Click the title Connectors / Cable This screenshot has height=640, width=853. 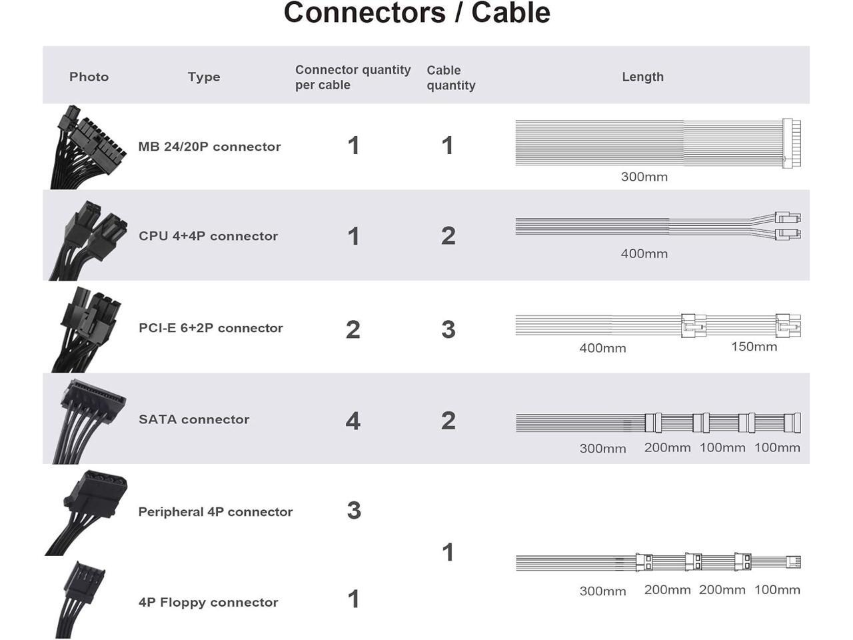417,13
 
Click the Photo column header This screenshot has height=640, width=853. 89,77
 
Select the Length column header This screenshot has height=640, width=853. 642,77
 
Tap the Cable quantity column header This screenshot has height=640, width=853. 450,77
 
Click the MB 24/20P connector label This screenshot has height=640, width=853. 209,147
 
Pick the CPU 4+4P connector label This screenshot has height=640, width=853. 208,236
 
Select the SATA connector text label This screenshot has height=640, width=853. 194,419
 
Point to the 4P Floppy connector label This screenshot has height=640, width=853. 208,602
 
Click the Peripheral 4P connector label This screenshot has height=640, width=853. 215,512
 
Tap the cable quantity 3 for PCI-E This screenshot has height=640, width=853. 448,329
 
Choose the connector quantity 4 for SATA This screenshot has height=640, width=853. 353,421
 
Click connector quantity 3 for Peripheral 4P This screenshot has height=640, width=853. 354,511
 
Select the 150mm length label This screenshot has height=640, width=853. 754,347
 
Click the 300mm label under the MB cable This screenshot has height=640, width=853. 644,177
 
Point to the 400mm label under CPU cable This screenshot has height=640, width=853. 644,253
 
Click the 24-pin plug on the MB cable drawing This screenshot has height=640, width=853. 791,143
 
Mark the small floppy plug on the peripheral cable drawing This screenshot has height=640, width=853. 793,562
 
